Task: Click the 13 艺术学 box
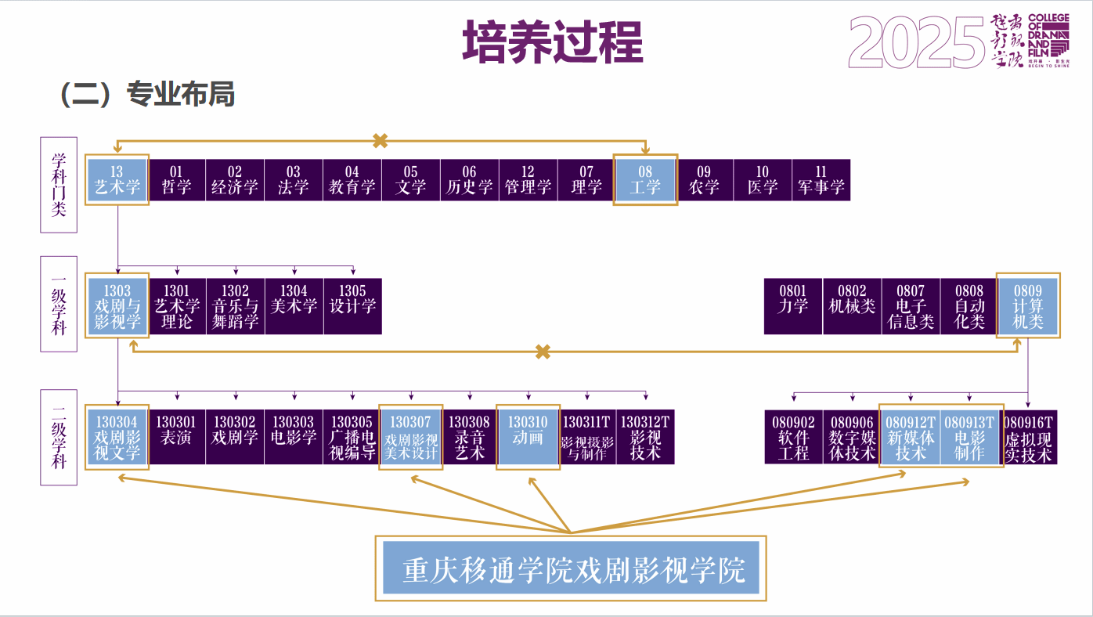coord(117,179)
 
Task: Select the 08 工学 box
coord(645,179)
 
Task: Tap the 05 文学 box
coord(411,179)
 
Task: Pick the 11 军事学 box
coord(821,179)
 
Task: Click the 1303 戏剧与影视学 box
coord(117,306)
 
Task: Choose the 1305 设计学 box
coord(352,306)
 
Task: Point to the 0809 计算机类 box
coord(1028,306)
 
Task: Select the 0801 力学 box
coord(793,306)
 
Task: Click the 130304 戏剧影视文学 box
coord(117,437)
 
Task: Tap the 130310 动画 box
coord(528,437)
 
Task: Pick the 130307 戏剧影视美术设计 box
coord(411,437)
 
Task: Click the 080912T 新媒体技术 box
coord(911,437)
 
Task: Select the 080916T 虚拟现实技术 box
coord(1029,437)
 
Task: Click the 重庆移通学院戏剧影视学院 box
coord(571,568)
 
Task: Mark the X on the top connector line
coord(381,141)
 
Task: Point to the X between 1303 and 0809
coord(543,352)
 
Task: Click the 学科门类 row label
coord(59,185)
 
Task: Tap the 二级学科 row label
coord(59,437)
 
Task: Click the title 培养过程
coord(553,42)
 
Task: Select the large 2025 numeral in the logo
coord(916,43)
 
